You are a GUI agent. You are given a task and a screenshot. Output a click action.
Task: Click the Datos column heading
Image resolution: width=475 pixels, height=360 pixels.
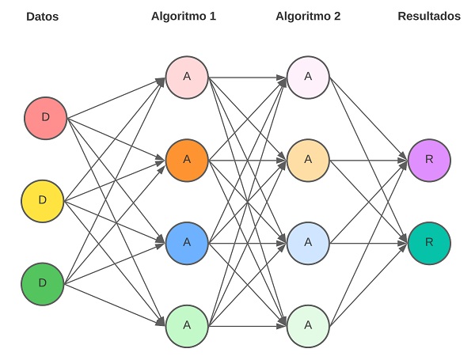tap(43, 16)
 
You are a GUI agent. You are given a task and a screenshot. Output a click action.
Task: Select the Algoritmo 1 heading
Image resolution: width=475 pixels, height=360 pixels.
tap(184, 16)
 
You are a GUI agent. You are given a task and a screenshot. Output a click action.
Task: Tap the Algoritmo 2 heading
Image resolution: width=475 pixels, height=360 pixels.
tap(308, 16)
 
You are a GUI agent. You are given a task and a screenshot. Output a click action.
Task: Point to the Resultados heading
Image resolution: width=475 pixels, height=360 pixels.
tap(429, 16)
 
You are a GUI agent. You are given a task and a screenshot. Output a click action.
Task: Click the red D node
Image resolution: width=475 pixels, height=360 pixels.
tap(45, 117)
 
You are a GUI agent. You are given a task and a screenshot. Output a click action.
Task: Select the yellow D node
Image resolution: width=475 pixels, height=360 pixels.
tap(43, 199)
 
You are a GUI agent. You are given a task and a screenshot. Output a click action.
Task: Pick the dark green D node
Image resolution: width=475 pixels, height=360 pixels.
tap(43, 282)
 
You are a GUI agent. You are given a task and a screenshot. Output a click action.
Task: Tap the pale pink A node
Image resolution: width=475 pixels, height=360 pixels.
tap(187, 77)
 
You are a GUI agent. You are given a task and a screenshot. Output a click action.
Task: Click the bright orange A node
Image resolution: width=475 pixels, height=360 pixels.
tap(187, 159)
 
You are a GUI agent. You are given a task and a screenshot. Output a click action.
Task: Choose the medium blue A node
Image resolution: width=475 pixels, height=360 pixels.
tap(187, 241)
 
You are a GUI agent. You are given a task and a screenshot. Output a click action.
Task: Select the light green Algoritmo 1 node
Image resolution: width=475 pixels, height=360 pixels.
tap(187, 324)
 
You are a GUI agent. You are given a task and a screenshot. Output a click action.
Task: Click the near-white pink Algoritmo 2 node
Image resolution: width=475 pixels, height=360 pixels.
tap(309, 77)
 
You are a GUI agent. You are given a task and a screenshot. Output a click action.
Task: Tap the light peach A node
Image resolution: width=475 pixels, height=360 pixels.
tap(309, 159)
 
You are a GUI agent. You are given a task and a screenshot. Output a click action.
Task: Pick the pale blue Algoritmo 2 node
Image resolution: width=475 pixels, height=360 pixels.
tap(309, 241)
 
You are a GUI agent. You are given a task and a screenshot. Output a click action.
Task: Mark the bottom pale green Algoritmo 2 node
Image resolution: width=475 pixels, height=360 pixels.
tap(309, 324)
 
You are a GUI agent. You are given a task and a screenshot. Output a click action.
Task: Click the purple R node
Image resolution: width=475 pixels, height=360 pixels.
tap(429, 159)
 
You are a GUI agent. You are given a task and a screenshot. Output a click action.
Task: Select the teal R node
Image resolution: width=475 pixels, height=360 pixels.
tap(429, 241)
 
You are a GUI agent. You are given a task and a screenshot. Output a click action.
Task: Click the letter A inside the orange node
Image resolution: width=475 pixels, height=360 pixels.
tap(187, 159)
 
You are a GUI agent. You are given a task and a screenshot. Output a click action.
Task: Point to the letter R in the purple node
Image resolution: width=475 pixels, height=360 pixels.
tap(429, 159)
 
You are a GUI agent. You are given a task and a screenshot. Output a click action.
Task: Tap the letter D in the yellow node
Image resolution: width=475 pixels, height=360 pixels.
tap(43, 199)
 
